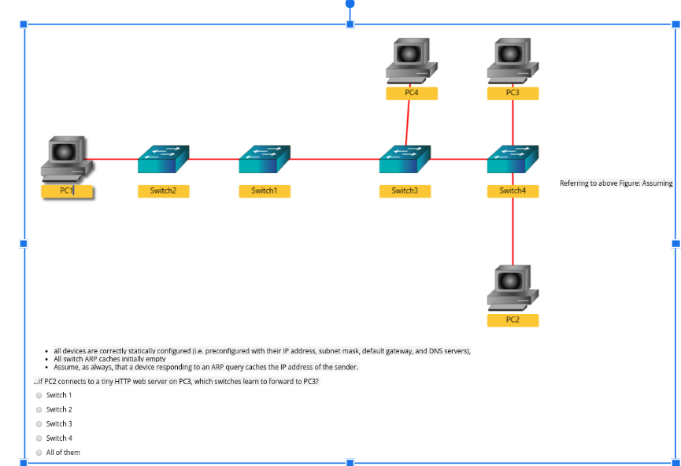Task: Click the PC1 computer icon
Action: (67, 160)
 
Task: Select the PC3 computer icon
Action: (513, 61)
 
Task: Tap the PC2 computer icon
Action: (513, 288)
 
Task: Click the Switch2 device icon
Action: (163, 160)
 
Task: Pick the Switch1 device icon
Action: (265, 160)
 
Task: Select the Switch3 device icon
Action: (405, 160)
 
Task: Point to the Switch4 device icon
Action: (513, 160)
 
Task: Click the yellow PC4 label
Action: (411, 93)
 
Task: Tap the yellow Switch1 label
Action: (265, 190)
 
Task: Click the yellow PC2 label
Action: (513, 320)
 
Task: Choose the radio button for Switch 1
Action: (39, 395)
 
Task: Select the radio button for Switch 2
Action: (39, 409)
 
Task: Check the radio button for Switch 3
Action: (39, 423)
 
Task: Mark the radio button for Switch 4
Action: (39, 438)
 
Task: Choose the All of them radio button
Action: (39, 453)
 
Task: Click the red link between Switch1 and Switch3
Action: (335, 159)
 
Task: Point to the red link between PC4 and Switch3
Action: (408, 122)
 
